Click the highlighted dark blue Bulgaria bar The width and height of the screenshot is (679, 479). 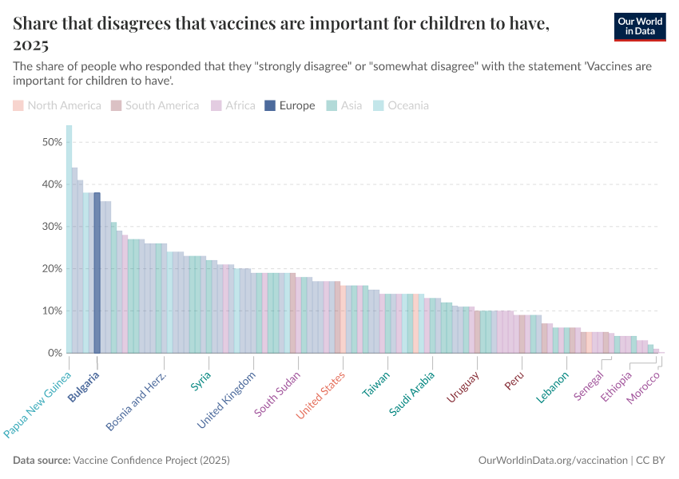click(97, 272)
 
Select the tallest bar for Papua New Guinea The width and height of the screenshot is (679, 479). click(69, 239)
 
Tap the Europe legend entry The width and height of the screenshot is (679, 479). click(291, 105)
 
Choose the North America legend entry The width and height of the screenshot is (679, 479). click(58, 105)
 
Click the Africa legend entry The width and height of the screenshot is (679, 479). click(233, 105)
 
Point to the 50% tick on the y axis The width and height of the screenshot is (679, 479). click(51, 142)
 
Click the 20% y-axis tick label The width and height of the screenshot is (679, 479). click(51, 268)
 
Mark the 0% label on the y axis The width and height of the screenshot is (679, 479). click(54, 353)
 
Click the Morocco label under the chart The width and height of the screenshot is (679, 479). click(644, 387)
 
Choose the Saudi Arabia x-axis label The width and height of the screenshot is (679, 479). click(412, 393)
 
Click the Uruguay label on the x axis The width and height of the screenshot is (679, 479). click(463, 387)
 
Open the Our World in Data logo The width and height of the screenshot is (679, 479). click(641, 26)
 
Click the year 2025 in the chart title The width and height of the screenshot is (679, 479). click(31, 43)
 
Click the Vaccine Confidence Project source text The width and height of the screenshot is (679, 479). click(151, 461)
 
